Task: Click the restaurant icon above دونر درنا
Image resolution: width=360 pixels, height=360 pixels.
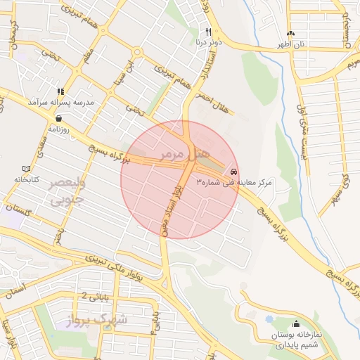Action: point(208,32)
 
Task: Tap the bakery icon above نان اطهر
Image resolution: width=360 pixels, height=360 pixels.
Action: point(291,33)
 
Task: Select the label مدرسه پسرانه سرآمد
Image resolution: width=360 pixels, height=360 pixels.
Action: point(60,102)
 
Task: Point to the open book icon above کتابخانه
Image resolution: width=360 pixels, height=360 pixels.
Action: point(27,169)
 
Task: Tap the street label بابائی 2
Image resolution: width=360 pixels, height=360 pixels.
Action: point(96,296)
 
